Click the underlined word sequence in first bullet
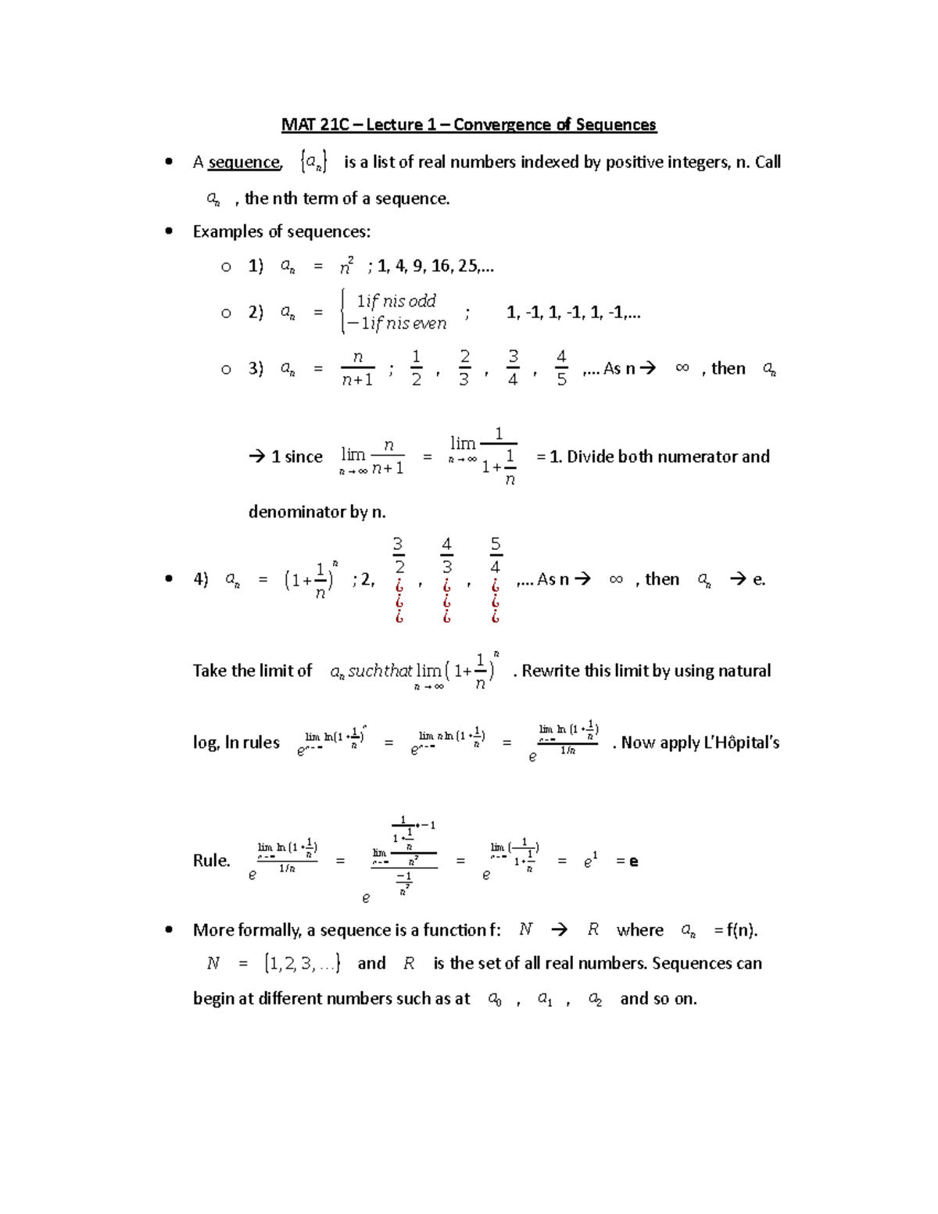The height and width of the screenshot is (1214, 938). click(244, 162)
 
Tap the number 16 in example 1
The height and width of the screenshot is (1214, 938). click(441, 266)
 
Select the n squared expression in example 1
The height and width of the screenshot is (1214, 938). click(346, 267)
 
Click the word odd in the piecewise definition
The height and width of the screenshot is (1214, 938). click(422, 301)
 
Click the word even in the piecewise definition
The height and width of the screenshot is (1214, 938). click(430, 324)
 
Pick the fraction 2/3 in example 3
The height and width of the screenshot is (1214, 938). click(464, 368)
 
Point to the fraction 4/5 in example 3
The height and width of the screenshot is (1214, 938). click(561, 368)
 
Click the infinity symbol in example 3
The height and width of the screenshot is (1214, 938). click(682, 368)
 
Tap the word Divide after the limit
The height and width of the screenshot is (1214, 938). click(590, 457)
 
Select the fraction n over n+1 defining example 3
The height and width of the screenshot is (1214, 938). click(357, 368)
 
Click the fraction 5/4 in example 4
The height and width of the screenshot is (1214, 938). click(495, 556)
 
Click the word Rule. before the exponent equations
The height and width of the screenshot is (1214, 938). click(211, 861)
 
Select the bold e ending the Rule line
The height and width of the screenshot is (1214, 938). click(633, 861)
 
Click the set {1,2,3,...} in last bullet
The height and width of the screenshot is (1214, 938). click(303, 963)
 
